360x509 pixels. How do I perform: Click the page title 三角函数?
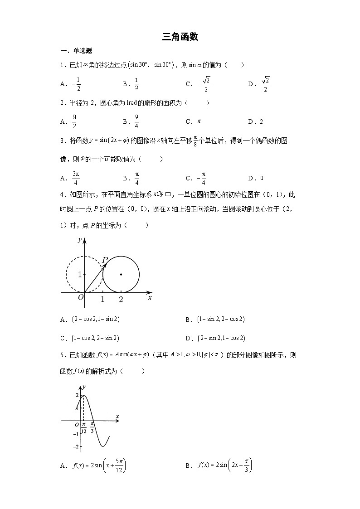(180, 37)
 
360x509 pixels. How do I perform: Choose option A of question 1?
(70, 84)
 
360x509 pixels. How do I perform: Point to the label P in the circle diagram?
(105, 260)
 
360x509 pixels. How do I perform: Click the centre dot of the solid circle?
(121, 274)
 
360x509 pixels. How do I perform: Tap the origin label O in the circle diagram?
(81, 298)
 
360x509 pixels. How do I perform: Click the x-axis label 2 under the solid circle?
(121, 300)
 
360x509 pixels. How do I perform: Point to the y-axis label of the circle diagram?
(80, 240)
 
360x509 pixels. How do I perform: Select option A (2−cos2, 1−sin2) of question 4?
(91, 320)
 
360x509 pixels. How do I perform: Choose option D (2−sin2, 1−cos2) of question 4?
(216, 338)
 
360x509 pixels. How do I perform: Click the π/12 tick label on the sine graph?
(83, 428)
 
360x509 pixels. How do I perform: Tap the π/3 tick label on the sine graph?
(92, 427)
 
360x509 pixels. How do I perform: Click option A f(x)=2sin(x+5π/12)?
(93, 465)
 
